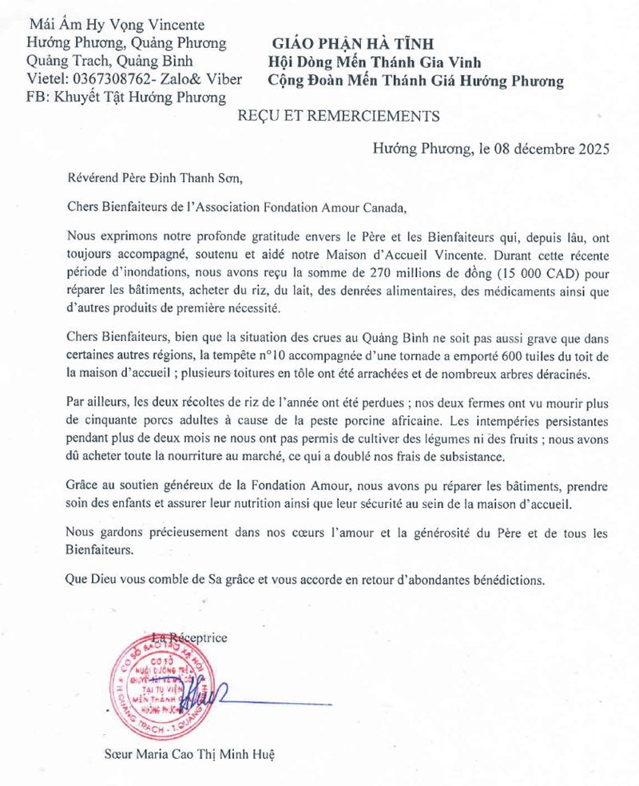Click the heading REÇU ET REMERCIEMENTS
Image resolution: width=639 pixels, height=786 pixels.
coord(338,116)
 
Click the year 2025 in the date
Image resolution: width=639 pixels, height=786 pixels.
coord(593,148)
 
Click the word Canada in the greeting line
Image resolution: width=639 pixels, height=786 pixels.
coord(383,206)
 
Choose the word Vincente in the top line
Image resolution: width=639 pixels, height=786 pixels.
coord(173,25)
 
